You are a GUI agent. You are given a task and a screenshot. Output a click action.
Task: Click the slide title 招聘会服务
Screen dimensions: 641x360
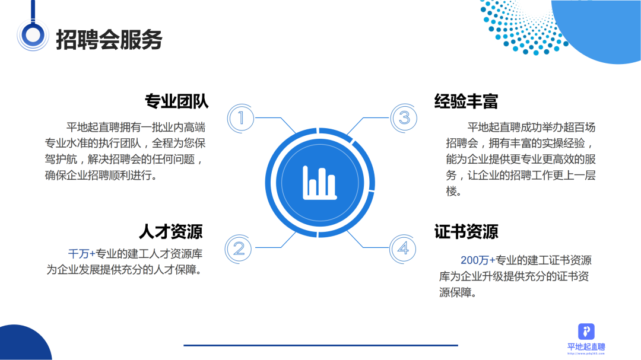click(x=109, y=40)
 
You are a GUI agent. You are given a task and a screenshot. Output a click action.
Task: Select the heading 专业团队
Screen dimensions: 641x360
click(x=177, y=101)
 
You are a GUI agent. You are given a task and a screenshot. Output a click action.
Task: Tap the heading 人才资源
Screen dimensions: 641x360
click(x=171, y=232)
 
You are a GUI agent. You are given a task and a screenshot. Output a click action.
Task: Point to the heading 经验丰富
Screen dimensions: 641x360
click(x=466, y=101)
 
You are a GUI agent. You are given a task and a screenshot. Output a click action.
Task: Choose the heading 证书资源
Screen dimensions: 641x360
click(x=466, y=232)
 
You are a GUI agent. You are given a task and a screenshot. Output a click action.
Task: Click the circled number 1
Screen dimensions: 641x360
click(x=241, y=118)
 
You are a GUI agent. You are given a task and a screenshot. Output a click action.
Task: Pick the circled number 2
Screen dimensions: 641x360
click(x=239, y=249)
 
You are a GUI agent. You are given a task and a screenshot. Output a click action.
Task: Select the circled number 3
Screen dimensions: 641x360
click(x=404, y=118)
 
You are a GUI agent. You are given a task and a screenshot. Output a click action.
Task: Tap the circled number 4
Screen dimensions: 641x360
click(x=403, y=249)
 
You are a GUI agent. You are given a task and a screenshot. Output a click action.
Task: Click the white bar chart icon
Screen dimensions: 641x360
click(x=320, y=183)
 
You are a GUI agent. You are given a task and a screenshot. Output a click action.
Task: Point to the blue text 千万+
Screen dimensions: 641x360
click(x=81, y=254)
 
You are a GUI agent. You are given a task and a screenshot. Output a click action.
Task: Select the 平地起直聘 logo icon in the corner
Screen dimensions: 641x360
click(x=586, y=332)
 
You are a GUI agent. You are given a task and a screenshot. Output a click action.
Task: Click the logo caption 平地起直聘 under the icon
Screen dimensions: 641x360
click(x=586, y=347)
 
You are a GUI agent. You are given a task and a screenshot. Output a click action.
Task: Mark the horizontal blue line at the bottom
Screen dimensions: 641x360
click(x=321, y=345)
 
